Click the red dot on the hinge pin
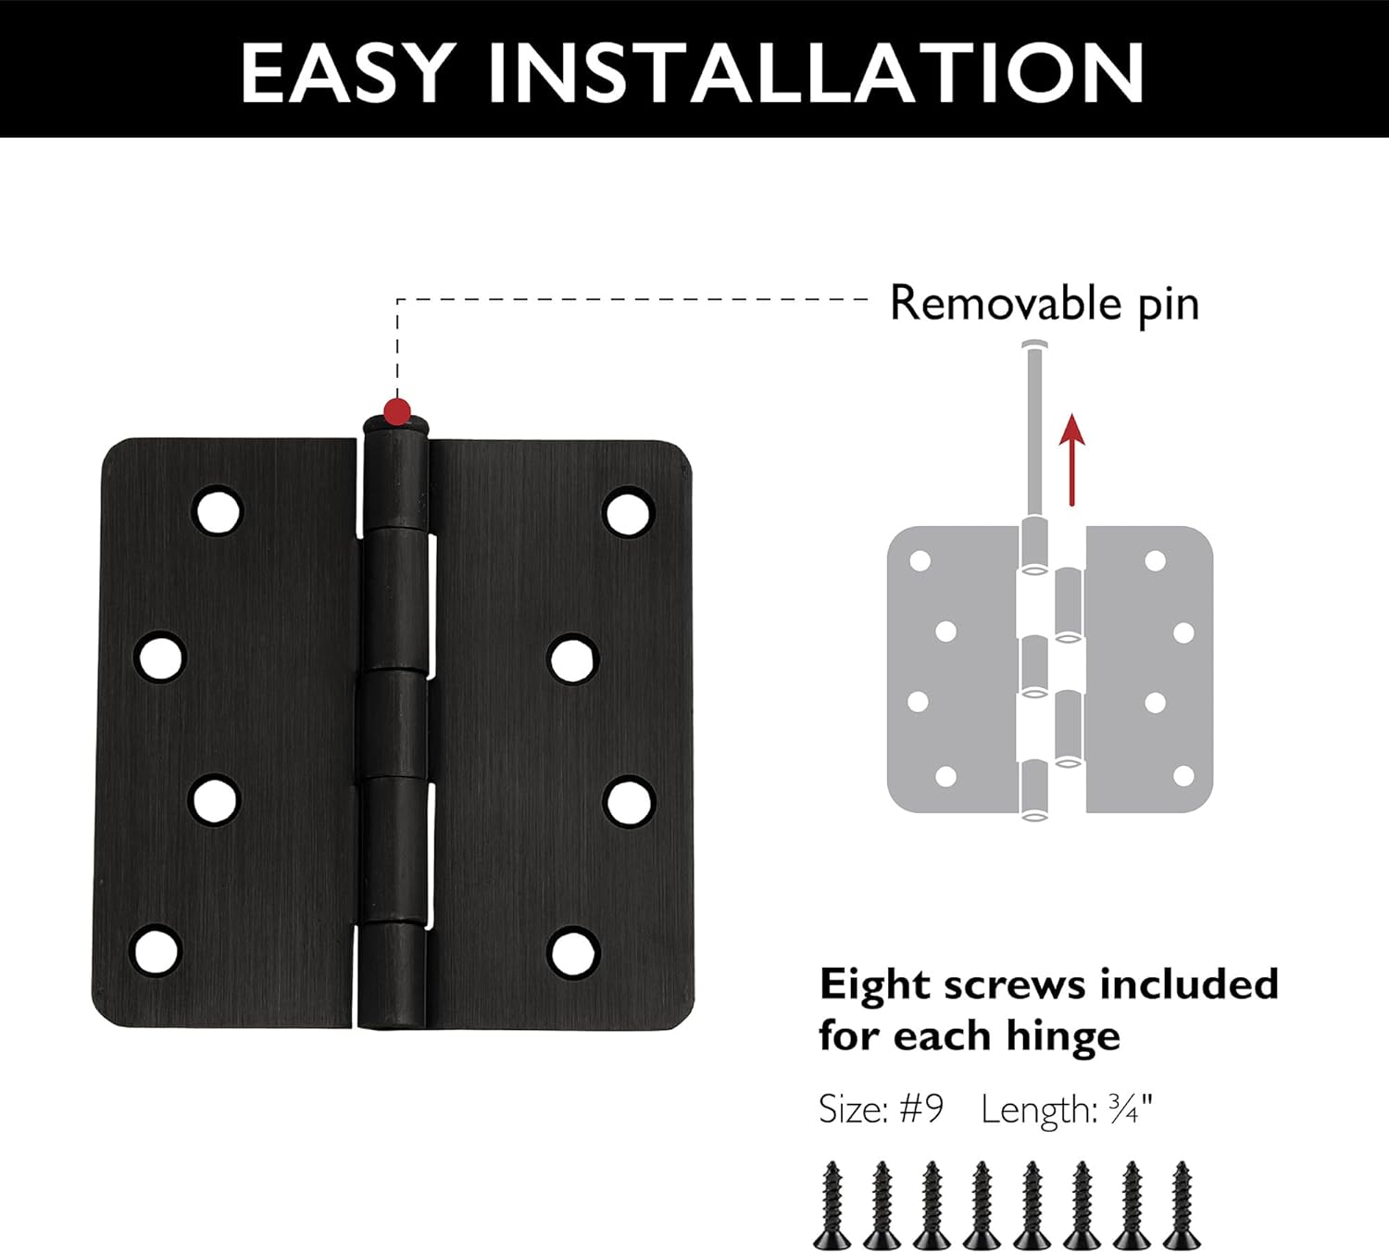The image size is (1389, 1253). click(x=397, y=410)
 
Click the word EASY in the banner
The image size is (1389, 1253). click(x=346, y=73)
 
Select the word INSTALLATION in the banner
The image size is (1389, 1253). click(x=816, y=73)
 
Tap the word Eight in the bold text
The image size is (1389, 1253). click(x=875, y=985)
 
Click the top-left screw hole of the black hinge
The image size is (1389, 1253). click(x=219, y=510)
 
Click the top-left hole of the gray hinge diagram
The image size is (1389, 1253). click(x=920, y=561)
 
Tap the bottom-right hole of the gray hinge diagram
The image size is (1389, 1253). click(x=1183, y=775)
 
